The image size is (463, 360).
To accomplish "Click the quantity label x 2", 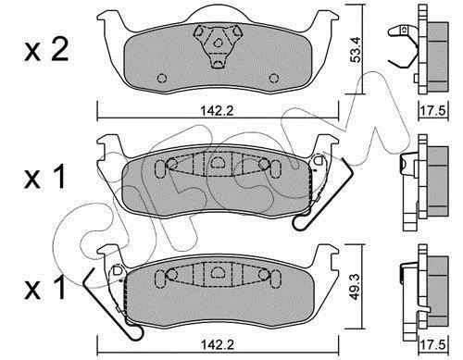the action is click(46, 50).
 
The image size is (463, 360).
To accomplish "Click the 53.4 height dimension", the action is click(356, 49).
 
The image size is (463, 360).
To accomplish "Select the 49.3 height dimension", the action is click(356, 287).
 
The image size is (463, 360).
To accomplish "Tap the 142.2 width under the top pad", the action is click(218, 110).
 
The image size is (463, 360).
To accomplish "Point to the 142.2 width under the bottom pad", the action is click(218, 344).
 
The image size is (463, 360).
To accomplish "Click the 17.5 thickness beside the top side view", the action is click(432, 110).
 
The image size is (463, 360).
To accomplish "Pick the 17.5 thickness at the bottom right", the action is click(432, 344).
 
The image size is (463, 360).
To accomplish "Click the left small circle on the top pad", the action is click(162, 79).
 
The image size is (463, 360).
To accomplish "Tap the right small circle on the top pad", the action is click(273, 79).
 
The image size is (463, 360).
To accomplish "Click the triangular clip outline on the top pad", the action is click(218, 45).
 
